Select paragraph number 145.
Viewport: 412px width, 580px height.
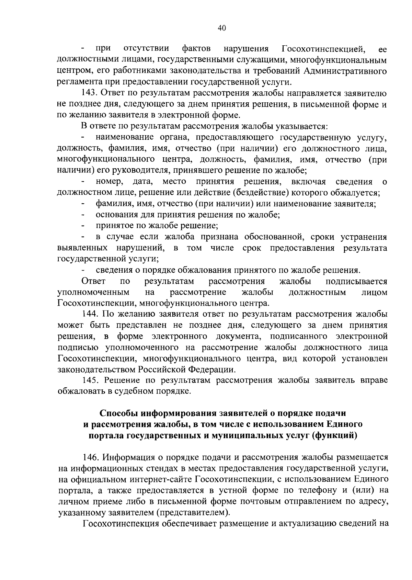(90, 380)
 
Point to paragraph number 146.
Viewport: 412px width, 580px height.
(90, 457)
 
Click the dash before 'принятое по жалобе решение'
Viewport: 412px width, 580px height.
(83, 226)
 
